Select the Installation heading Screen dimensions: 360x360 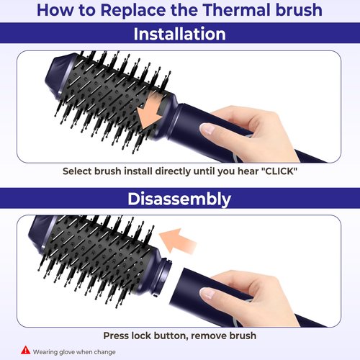click(x=180, y=34)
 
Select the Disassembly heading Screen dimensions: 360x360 click(x=180, y=199)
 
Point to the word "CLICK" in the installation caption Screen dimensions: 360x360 click(x=275, y=171)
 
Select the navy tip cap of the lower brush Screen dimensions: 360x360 click(x=40, y=240)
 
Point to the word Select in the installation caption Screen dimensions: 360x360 click(x=78, y=171)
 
